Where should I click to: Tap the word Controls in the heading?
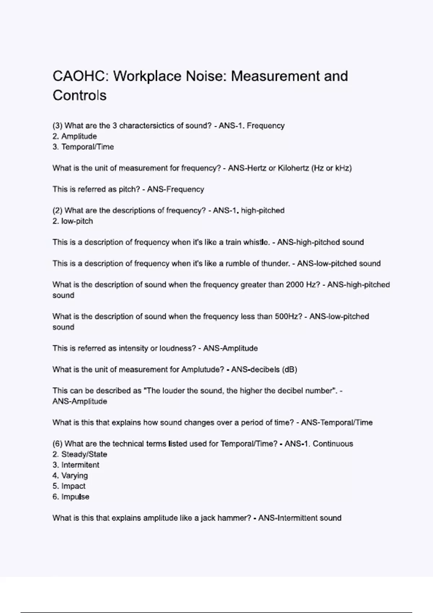coord(79,96)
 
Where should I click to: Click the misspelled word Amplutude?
coord(202,370)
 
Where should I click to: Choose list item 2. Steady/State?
coord(80,454)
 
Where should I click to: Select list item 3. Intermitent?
coord(76,465)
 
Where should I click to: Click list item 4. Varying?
coord(70,476)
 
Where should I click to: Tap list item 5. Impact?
coord(69,486)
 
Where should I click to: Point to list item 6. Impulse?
coord(71,497)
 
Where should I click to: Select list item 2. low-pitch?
coord(73,221)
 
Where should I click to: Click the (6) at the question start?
coord(57,444)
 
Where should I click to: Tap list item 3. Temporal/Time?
coord(83,147)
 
